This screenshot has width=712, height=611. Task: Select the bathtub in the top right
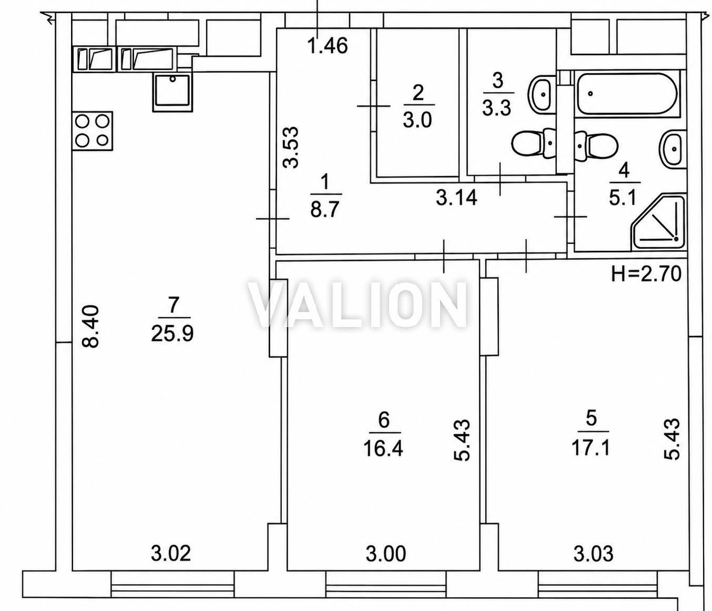[x=627, y=94]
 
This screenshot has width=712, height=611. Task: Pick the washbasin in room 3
[x=542, y=94]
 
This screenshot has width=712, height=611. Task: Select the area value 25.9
[x=172, y=334]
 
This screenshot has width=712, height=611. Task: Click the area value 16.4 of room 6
[x=383, y=449]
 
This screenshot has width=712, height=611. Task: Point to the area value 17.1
[x=591, y=449]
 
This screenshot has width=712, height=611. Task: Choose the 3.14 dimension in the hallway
[x=457, y=198]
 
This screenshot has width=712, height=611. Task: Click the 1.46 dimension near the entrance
[x=328, y=46]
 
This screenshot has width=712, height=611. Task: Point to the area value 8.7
[x=326, y=209]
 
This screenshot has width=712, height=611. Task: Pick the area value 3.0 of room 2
[x=418, y=120]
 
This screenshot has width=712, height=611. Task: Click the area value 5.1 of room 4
[x=624, y=198]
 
